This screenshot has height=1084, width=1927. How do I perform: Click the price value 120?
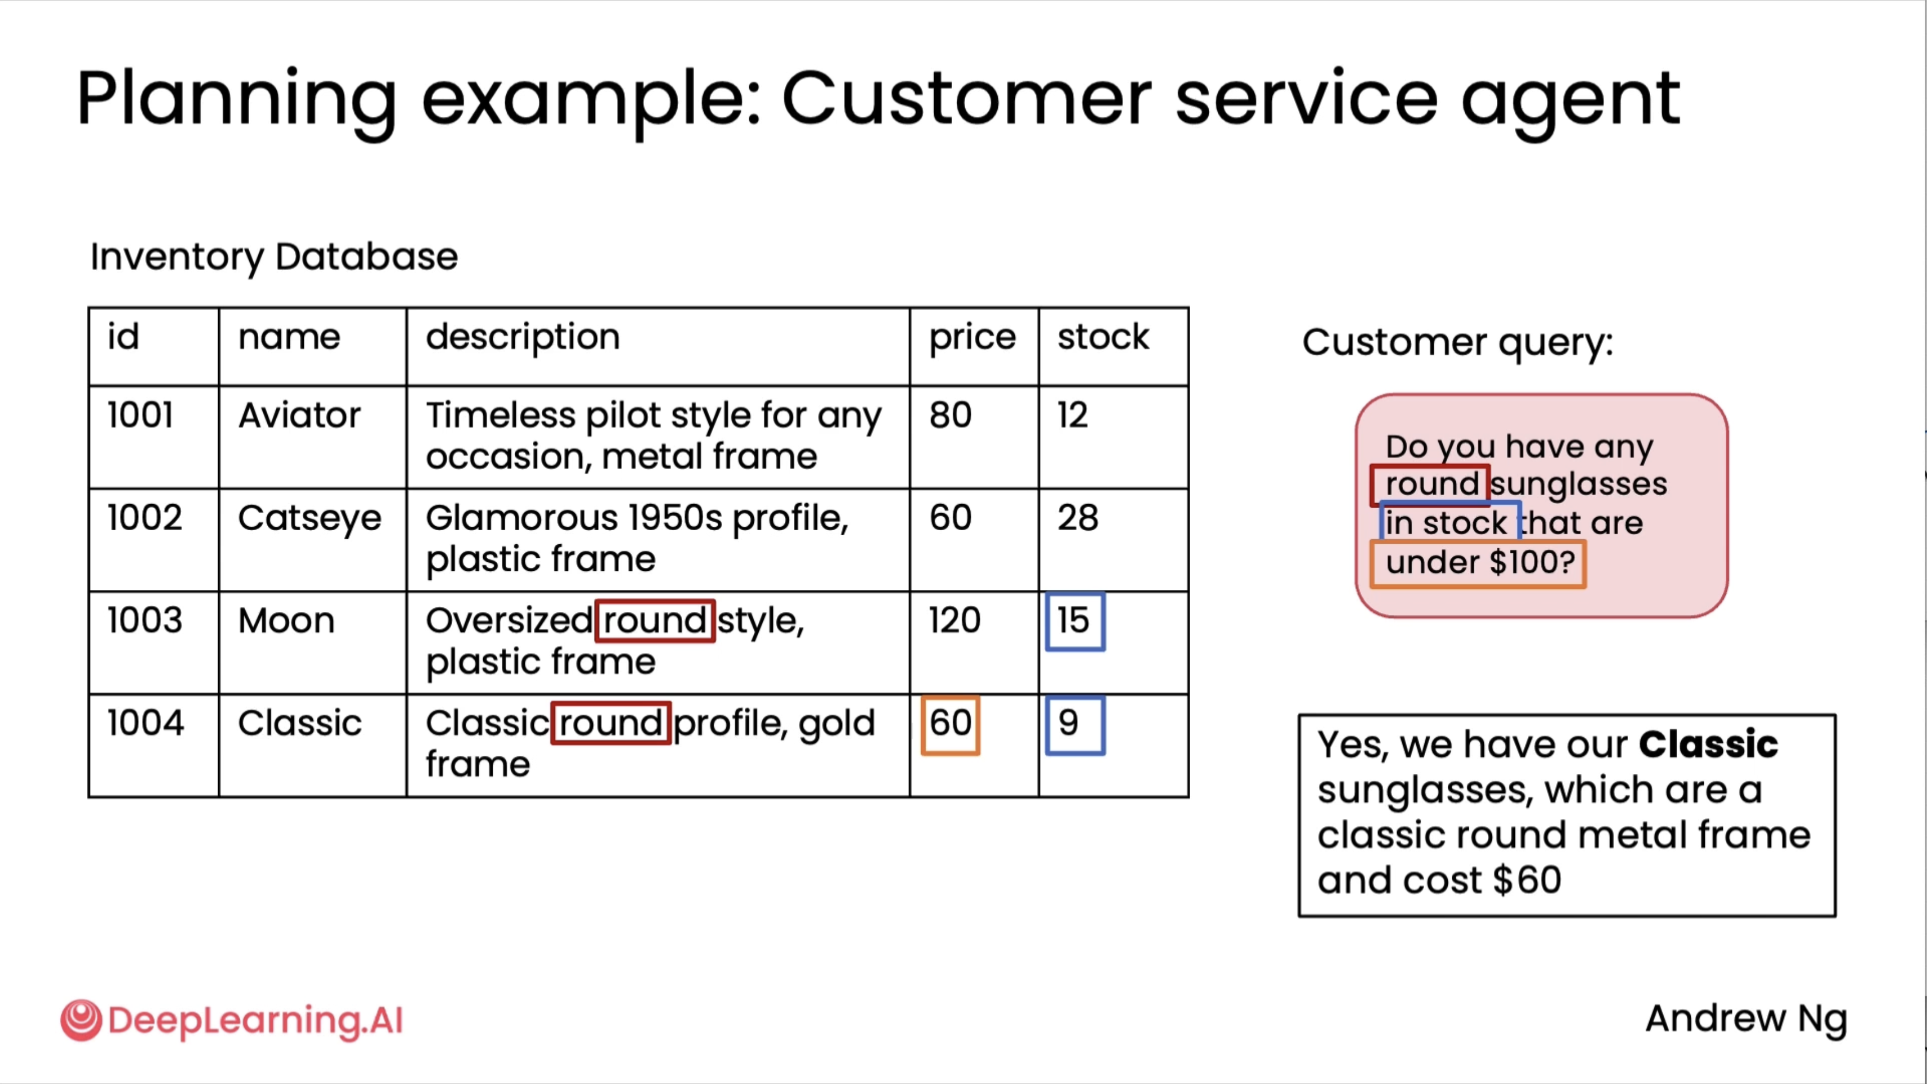point(954,621)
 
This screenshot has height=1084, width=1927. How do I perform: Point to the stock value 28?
point(1078,518)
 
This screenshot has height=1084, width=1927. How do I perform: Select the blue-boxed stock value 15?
point(1075,622)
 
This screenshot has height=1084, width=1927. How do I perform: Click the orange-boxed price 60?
point(950,725)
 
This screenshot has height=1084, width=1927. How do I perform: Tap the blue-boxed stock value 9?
point(1075,725)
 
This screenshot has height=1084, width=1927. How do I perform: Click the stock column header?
point(1103,337)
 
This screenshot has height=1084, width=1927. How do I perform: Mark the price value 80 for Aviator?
point(950,415)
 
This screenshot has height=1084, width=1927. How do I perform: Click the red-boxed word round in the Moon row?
point(655,621)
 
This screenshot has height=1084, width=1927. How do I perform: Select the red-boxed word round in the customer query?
point(1430,485)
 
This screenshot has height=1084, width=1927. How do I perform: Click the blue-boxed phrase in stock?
point(1449,522)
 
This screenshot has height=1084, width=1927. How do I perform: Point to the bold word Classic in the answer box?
point(1708,744)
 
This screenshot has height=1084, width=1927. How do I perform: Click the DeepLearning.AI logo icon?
point(81,1020)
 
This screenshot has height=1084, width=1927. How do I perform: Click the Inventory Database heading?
point(274,257)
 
